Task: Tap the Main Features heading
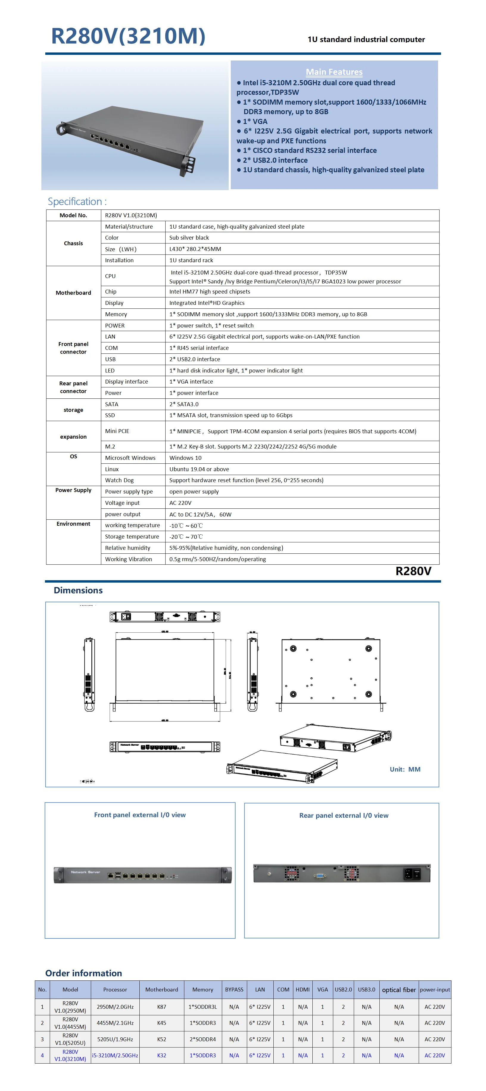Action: coord(334,72)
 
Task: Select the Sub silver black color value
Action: coord(189,238)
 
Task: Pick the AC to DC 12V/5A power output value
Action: coord(200,514)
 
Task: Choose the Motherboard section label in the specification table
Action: coord(73,293)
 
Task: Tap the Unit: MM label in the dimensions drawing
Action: coord(405,769)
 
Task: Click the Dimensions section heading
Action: coord(78,590)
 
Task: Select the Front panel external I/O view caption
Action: coord(140,815)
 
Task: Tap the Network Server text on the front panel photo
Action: coord(85,872)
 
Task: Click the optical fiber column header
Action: coord(399,990)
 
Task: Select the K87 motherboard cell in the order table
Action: coord(162,1007)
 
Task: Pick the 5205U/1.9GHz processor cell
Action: coord(115,1039)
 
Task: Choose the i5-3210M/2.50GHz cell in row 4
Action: coord(115,1056)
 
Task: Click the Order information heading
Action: coord(83,973)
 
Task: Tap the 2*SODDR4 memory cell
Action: coord(202,1039)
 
